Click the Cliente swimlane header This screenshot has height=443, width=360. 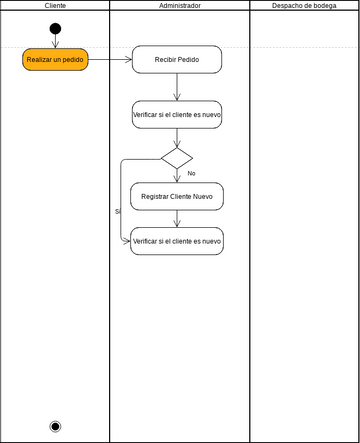coord(55,6)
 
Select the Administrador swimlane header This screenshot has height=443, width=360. coord(179,6)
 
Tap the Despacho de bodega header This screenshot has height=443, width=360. coord(304,6)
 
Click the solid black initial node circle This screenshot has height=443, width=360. coord(55,28)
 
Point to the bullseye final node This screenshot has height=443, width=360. coord(55,426)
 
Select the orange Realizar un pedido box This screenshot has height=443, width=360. coord(55,60)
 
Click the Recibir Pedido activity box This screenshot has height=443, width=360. coord(177,60)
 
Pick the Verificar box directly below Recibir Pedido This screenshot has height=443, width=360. coord(177,115)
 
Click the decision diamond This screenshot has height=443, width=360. coord(177,158)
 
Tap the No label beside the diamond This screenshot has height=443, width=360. coord(191,174)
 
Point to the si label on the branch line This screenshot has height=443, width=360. coord(117,211)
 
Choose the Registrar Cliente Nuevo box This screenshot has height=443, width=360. coord(177,197)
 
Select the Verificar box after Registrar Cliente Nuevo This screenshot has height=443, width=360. coord(177,241)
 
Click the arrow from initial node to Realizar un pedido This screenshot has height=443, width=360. coord(55,41)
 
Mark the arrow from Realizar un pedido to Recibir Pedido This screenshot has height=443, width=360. coord(110,60)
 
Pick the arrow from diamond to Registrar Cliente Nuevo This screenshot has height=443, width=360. coord(177,176)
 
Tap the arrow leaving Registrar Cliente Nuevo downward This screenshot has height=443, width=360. coord(177,219)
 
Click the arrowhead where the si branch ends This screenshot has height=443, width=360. coord(127,241)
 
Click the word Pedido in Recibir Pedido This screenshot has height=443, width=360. coord(187,60)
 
